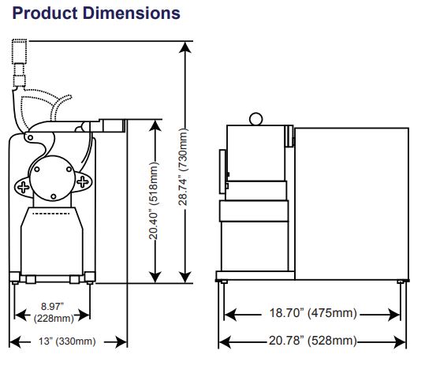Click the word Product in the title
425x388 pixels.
pyautogui.click(x=45, y=13)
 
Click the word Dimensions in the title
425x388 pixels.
pyautogui.click(x=132, y=13)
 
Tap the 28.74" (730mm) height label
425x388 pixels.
pyautogui.click(x=183, y=166)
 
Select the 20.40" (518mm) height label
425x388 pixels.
pyautogui.click(x=154, y=200)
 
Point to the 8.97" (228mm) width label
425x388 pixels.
pyautogui.click(x=54, y=312)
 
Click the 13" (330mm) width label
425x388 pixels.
pyautogui.click(x=67, y=341)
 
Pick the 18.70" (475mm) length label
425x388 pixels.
pyautogui.click(x=313, y=313)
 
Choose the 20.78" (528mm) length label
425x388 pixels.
pyautogui.click(x=313, y=341)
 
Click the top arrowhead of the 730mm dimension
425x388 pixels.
pyautogui.click(x=185, y=47)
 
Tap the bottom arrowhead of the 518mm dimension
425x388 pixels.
pyautogui.click(x=155, y=277)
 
